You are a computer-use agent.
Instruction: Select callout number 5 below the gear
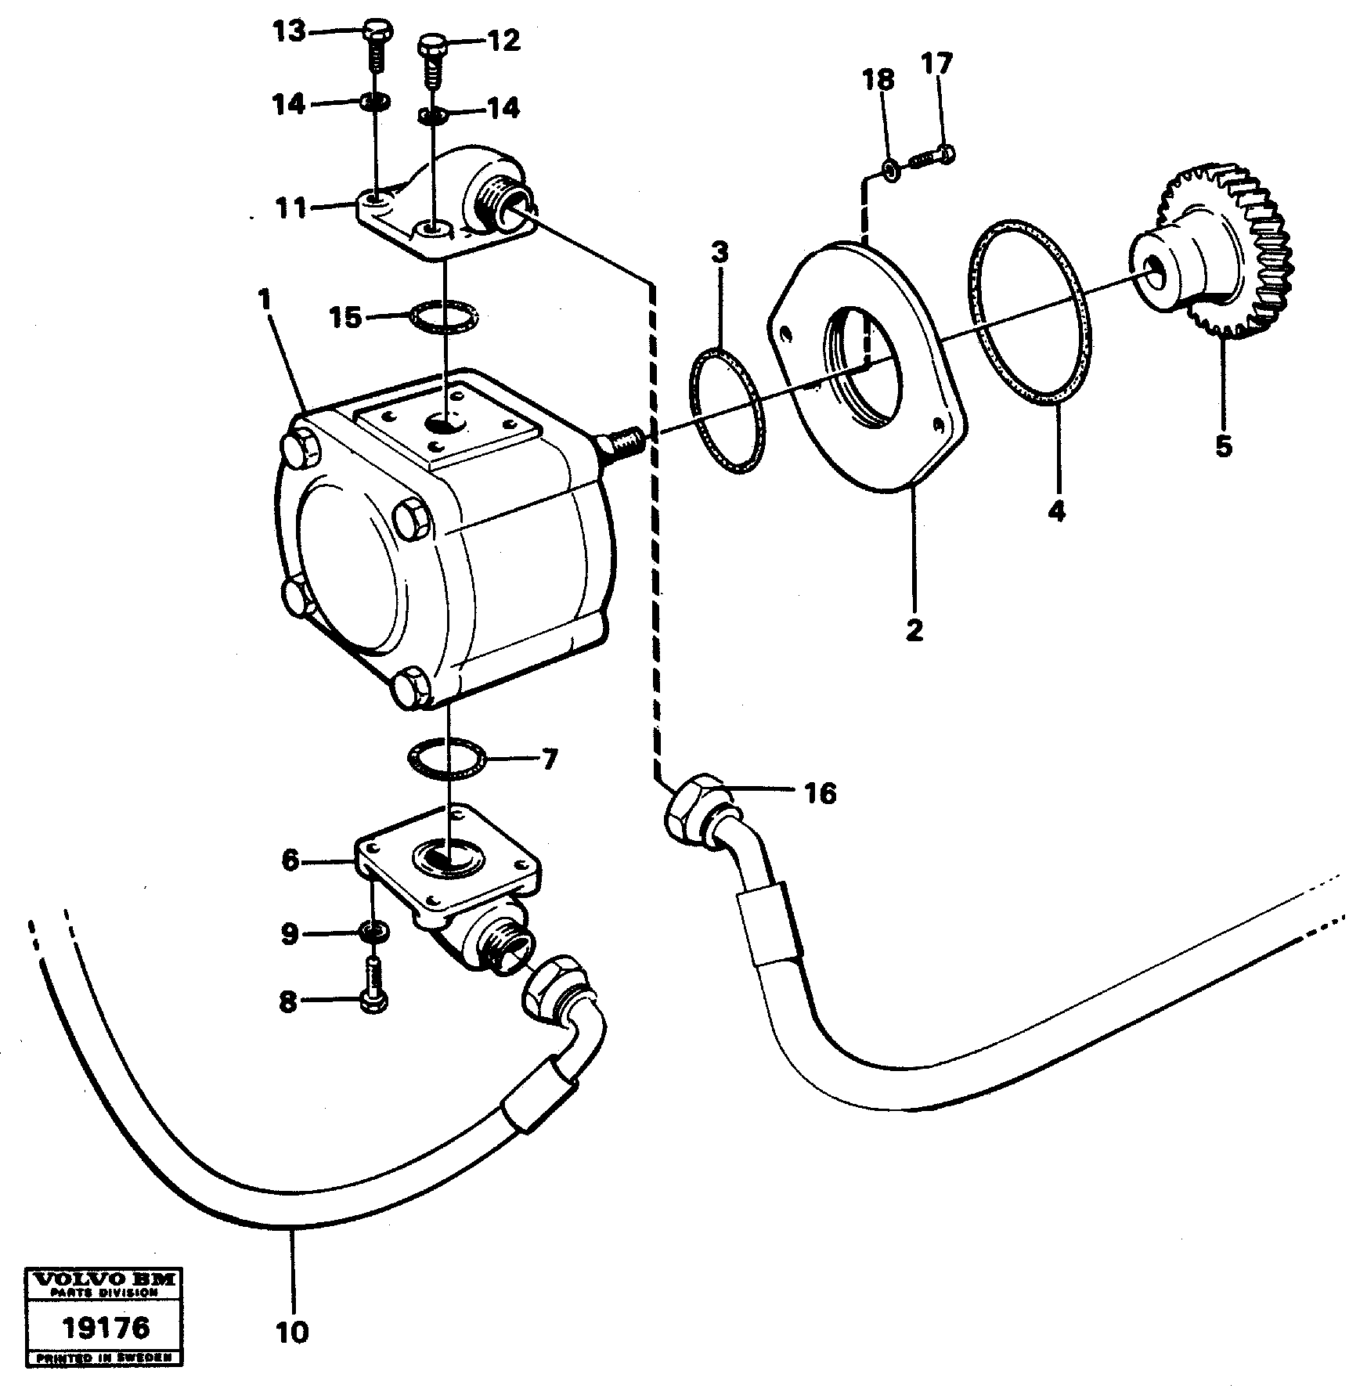click(1223, 446)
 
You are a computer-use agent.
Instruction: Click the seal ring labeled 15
click(443, 318)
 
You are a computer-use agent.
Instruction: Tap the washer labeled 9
click(373, 932)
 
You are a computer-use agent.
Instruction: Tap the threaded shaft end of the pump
click(621, 446)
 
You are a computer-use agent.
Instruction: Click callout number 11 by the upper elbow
click(291, 209)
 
